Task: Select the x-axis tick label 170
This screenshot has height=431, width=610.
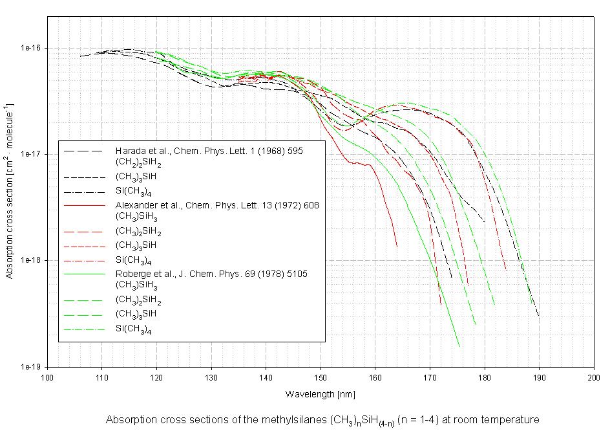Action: pyautogui.click(x=430, y=377)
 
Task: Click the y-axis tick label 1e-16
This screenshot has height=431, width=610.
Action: pyautogui.click(x=31, y=48)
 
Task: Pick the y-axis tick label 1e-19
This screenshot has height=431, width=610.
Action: pyautogui.click(x=31, y=366)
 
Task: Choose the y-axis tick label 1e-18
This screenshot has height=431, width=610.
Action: pyautogui.click(x=31, y=260)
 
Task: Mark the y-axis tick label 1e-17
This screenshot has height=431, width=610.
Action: pyautogui.click(x=31, y=154)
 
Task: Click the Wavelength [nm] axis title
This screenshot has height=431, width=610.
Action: pyautogui.click(x=320, y=393)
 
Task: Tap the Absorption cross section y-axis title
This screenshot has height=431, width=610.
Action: pyautogui.click(x=9, y=190)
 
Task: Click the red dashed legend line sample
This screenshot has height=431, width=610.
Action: pyautogui.click(x=84, y=232)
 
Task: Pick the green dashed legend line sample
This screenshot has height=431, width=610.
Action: pyautogui.click(x=84, y=300)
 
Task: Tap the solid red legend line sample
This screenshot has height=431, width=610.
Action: pyautogui.click(x=84, y=205)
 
